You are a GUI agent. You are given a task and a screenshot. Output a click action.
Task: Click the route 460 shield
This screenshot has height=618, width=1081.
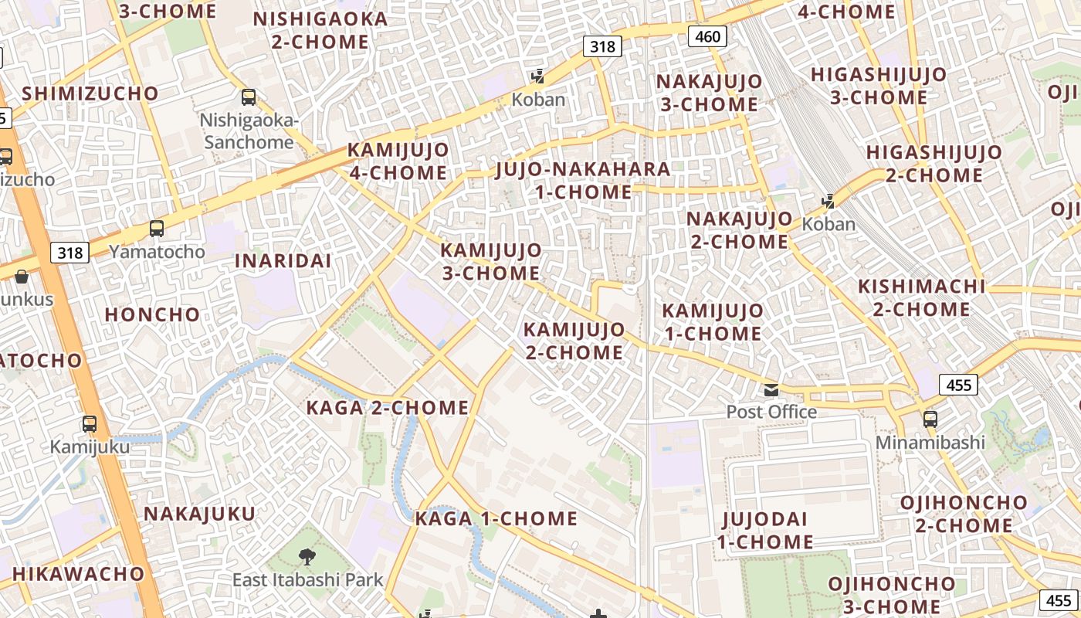tap(707, 36)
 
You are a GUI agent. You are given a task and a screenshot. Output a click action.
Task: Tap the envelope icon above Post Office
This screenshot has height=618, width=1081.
tap(771, 390)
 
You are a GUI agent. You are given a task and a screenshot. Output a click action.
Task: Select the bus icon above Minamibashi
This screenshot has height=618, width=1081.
tap(930, 419)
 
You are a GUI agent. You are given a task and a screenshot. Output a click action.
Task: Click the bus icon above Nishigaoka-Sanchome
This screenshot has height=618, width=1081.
tap(249, 97)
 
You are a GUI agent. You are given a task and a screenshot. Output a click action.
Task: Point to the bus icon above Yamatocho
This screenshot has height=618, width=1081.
tap(157, 229)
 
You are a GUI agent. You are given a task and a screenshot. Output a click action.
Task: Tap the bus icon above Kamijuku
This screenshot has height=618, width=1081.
tap(90, 424)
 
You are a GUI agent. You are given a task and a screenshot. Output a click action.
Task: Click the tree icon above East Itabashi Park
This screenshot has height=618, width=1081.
tap(307, 556)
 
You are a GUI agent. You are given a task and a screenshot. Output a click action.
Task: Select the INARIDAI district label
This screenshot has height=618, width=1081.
tap(283, 261)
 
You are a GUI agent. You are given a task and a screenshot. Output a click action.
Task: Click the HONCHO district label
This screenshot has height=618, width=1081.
tap(152, 315)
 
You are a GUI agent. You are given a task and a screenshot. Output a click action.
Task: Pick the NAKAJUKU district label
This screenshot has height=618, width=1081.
tap(199, 514)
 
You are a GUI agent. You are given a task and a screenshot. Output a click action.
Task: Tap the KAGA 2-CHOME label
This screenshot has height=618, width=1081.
tap(388, 408)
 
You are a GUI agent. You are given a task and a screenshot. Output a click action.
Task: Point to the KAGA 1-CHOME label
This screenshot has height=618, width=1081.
tap(496, 518)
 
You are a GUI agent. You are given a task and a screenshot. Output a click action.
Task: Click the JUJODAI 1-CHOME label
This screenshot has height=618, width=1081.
tap(764, 530)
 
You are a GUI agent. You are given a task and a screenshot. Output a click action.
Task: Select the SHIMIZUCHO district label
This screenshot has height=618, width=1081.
tap(90, 93)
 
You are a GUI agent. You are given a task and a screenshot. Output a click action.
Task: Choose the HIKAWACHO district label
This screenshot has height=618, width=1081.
tap(78, 574)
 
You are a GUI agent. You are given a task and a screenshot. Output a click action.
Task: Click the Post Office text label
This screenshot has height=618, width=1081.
tap(771, 412)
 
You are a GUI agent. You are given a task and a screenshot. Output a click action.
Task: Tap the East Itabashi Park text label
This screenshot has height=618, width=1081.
tap(308, 579)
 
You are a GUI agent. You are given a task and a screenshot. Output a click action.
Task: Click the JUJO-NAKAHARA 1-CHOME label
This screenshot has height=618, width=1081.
tap(583, 180)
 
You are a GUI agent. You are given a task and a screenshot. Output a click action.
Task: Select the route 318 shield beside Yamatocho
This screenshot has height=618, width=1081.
tap(69, 253)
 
